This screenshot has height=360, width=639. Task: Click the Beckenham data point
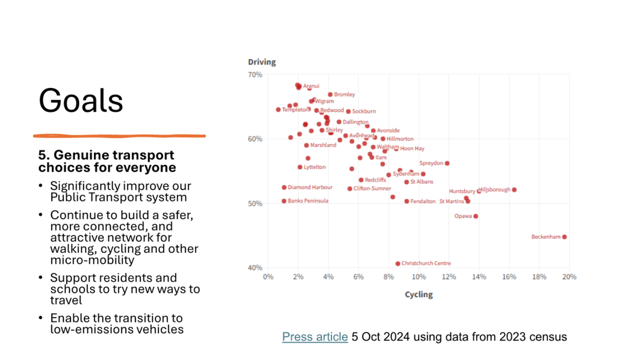pyautogui.click(x=564, y=237)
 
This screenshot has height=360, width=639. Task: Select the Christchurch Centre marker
pyautogui.click(x=398, y=264)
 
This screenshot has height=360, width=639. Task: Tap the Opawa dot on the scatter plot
pyautogui.click(x=476, y=216)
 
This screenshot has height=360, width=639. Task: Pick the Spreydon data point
pyautogui.click(x=447, y=163)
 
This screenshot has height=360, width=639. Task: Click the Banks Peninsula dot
pyautogui.click(x=284, y=201)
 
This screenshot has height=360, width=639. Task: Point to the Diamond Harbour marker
pyautogui.click(x=284, y=187)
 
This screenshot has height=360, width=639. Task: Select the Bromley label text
pyautogui.click(x=344, y=94)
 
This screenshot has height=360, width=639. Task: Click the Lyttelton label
pyautogui.click(x=314, y=167)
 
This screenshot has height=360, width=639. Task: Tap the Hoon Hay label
pyautogui.click(x=412, y=149)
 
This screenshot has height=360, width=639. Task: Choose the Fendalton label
pyautogui.click(x=423, y=201)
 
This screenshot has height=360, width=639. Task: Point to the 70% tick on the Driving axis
pyautogui.click(x=255, y=75)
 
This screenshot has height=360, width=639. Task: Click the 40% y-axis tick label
pyautogui.click(x=255, y=268)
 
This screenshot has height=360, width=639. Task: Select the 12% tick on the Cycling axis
pyautogui.click(x=449, y=277)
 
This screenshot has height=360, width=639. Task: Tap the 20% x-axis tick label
pyautogui.click(x=569, y=277)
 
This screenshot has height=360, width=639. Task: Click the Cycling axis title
pyautogui.click(x=419, y=295)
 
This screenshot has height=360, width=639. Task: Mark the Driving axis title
pyautogui.click(x=262, y=62)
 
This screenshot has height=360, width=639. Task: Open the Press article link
pyautogui.click(x=315, y=337)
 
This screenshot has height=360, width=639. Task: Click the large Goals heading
pyautogui.click(x=81, y=101)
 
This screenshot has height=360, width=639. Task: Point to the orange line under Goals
pyautogui.click(x=119, y=136)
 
